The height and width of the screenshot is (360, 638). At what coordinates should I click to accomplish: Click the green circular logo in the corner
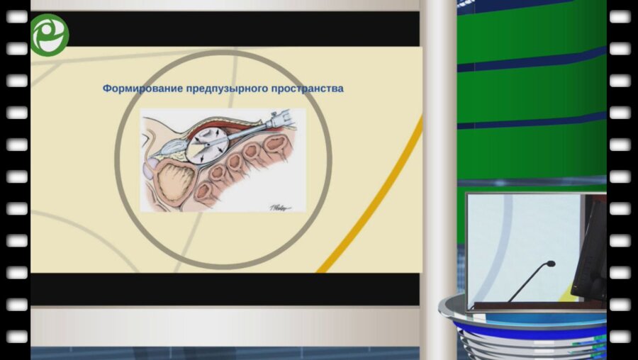click(x=49, y=35)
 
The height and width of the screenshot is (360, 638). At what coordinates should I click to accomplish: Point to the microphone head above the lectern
click(x=550, y=264)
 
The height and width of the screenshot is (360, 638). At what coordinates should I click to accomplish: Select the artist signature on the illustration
click(x=281, y=205)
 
